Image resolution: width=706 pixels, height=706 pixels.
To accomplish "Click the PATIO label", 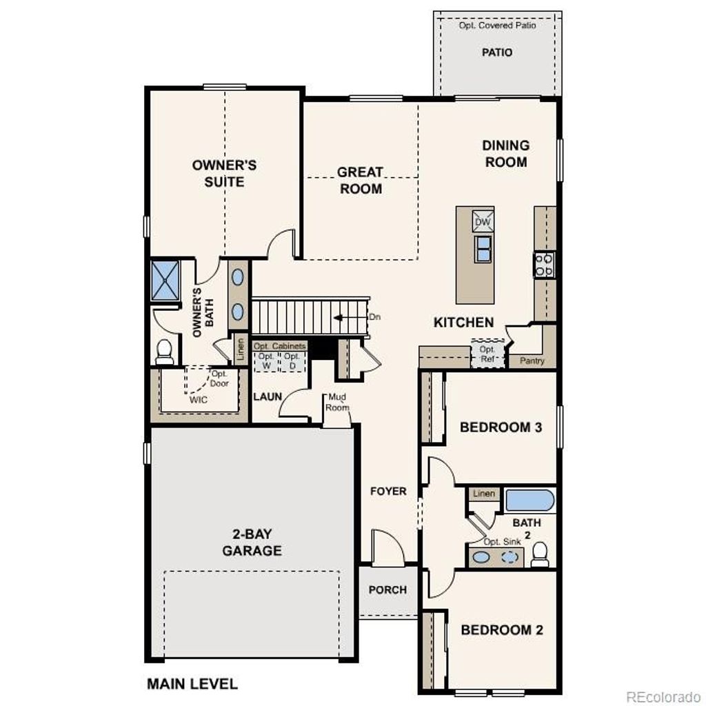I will tap(496, 52).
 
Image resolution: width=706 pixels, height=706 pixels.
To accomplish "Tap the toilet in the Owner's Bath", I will tap(164, 352).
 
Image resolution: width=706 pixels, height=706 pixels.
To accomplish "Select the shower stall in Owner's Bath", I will tap(165, 279).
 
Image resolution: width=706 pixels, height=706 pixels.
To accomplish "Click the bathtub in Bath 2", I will tap(529, 500).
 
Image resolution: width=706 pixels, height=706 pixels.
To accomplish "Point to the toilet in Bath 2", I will tap(539, 554).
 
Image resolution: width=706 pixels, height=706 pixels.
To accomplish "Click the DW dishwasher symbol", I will tap(483, 221).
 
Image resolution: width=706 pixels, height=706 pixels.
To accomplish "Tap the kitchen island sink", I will tap(483, 248).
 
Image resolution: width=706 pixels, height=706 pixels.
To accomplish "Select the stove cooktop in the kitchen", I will tap(544, 265).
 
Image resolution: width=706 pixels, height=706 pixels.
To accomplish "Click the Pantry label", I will tap(532, 361).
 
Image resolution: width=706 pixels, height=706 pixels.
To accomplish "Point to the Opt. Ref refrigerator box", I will tap(487, 354).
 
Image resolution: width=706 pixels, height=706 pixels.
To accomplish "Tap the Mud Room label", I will tap(338, 402).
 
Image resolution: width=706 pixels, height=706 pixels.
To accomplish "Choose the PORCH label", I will tap(387, 590).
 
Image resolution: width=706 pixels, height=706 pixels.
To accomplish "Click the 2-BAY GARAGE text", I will tap(252, 543).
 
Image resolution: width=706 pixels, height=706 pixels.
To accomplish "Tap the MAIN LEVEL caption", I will tap(192, 684).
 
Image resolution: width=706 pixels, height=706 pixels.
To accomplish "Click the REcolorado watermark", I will tap(663, 695).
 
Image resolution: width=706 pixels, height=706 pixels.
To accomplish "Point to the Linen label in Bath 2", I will tap(485, 494).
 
